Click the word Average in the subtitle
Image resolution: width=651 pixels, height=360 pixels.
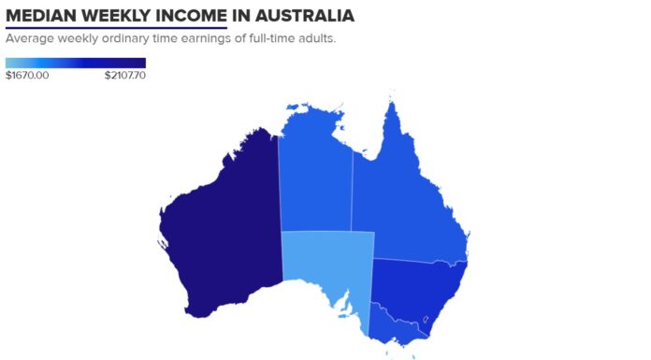(29, 39)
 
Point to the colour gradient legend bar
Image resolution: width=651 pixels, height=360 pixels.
(75, 63)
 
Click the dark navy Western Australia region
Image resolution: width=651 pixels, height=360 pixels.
(220, 224)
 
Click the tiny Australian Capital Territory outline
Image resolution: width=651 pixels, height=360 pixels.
(428, 319)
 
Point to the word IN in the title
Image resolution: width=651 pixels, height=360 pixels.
(229, 17)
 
